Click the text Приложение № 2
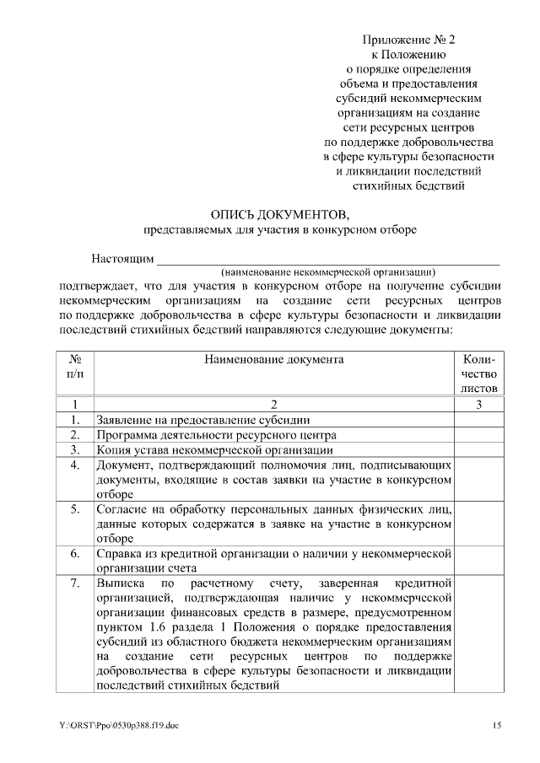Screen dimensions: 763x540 pos(408,40)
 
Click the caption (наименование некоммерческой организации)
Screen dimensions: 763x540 pos(328,272)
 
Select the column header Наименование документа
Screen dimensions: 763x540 pos(273,359)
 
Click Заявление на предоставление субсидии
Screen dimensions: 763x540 pos(202,420)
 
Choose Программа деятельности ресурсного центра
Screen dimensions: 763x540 pos(216,435)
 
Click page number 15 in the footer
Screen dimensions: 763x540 pos(498,725)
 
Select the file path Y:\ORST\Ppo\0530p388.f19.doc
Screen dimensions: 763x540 pos(119,725)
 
